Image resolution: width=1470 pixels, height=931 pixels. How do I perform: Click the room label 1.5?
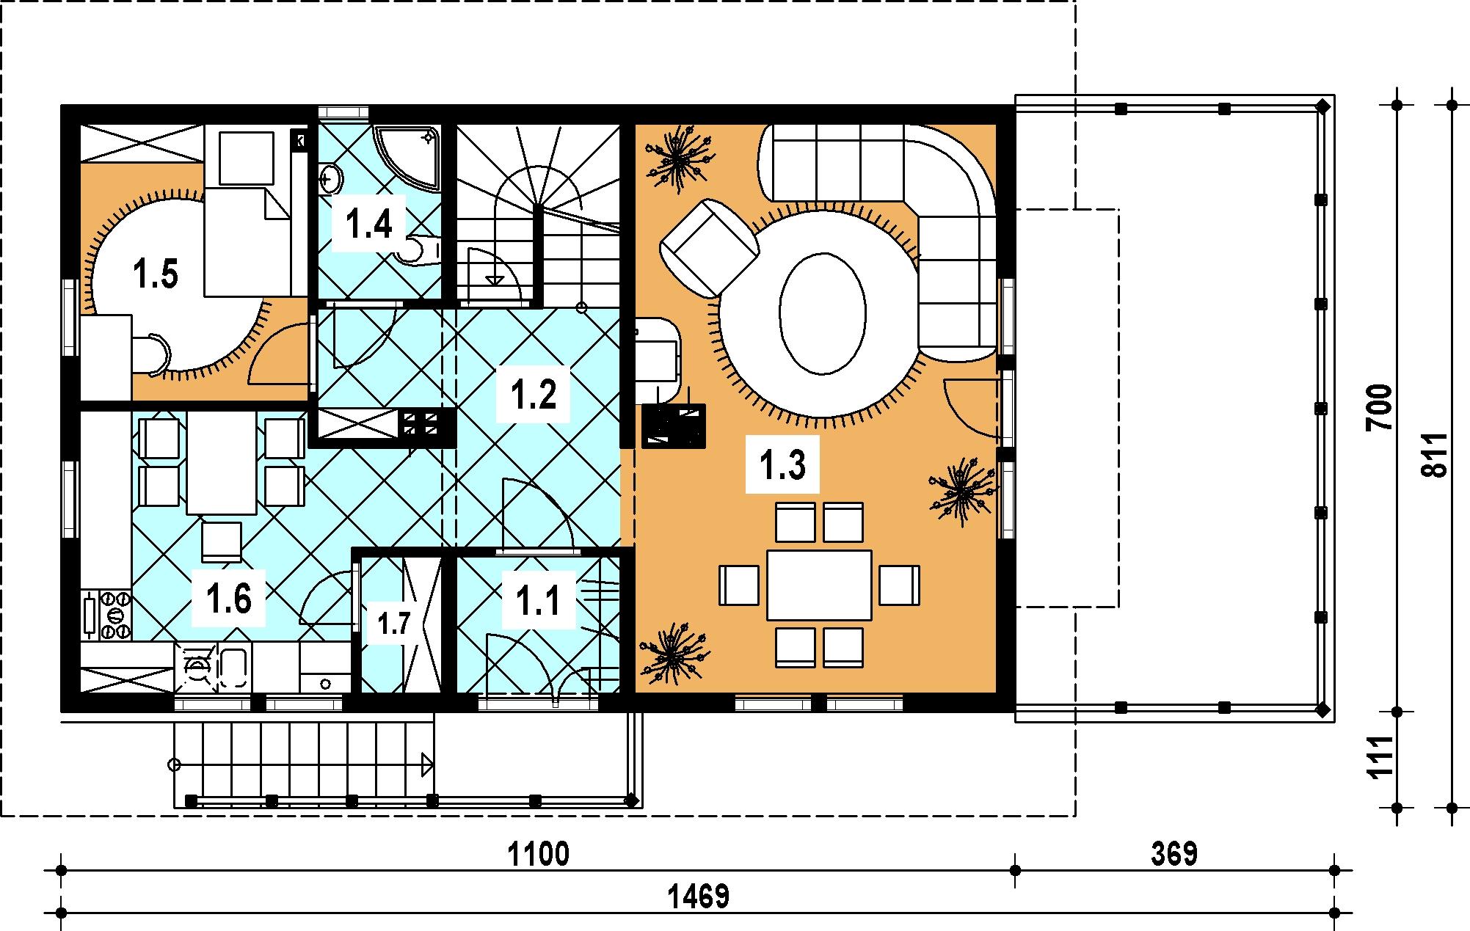156,275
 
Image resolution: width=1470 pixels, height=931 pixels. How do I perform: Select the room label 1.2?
534,395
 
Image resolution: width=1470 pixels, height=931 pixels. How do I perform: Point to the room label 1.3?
783,465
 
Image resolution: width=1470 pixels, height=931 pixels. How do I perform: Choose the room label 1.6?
229,599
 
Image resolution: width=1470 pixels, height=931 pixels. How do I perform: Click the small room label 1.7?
394,624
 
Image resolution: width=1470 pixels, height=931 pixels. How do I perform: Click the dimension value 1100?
538,854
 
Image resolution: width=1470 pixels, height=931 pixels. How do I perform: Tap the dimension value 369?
1174,854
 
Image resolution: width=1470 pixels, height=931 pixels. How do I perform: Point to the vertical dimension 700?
1380,408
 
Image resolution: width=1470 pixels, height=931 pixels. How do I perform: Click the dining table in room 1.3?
820,585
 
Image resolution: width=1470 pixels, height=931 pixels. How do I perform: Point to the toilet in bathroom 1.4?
418,248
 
